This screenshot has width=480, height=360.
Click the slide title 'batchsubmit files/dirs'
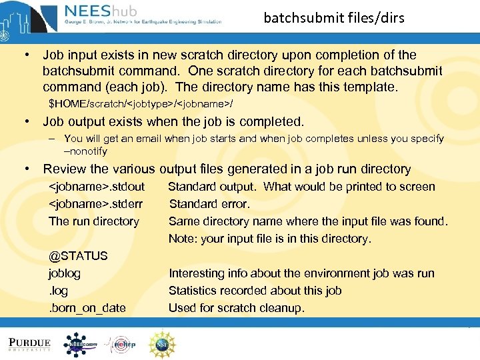[x=334, y=18]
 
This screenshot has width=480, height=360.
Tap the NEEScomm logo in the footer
[x=84, y=344]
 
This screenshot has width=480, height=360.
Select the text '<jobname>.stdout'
[x=97, y=187]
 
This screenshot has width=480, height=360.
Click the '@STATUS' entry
[x=78, y=256]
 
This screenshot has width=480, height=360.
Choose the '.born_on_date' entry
[x=87, y=308]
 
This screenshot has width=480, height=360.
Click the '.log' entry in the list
[x=58, y=291]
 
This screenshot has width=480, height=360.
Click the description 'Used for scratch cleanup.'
[x=236, y=308]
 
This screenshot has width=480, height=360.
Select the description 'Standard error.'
[x=209, y=204]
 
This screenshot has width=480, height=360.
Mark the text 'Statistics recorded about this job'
[x=255, y=291]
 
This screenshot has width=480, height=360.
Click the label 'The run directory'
[x=94, y=221]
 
